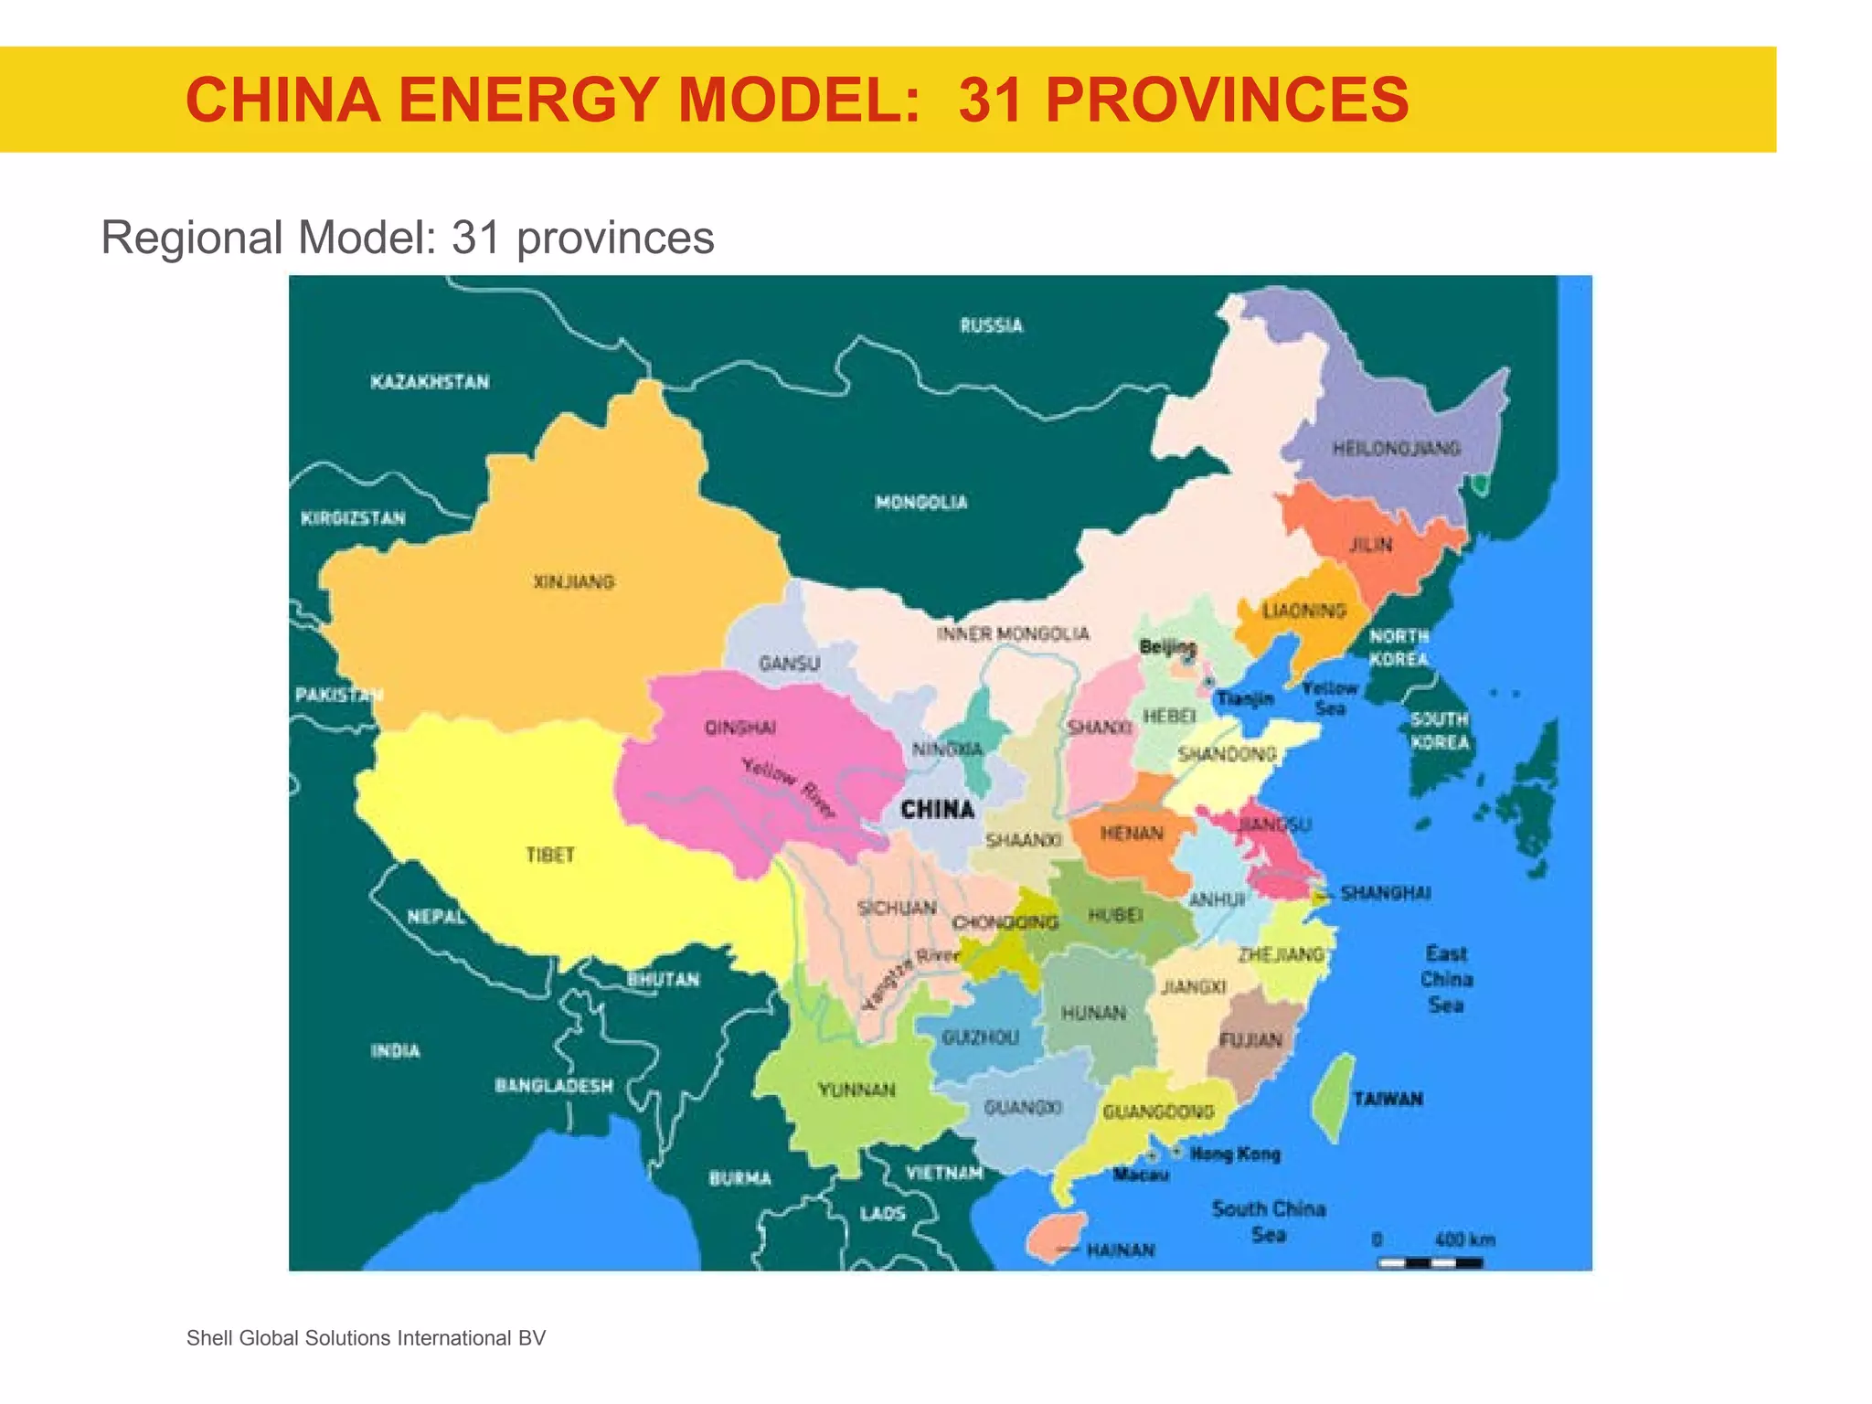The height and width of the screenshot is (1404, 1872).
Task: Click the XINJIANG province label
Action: [574, 581]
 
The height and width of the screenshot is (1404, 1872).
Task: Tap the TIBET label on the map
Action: [550, 855]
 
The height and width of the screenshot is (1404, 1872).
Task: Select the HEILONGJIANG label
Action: [1396, 448]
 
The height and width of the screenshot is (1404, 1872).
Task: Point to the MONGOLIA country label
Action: [920, 502]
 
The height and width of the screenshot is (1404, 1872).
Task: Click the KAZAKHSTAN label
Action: [430, 382]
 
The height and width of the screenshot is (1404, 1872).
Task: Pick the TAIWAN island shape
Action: [1334, 1097]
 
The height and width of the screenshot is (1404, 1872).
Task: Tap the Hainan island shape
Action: [1055, 1236]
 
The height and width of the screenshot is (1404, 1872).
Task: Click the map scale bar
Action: [1431, 1262]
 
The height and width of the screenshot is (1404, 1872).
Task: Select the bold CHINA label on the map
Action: [937, 809]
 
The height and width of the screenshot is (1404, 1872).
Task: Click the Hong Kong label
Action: [1235, 1154]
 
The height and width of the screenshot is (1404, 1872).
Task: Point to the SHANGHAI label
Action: [1385, 892]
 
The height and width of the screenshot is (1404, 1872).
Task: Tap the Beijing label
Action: [1167, 646]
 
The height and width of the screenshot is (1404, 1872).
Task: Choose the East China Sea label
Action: [1446, 979]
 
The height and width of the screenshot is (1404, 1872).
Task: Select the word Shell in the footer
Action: [209, 1338]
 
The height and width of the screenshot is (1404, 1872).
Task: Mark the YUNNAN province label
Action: [856, 1090]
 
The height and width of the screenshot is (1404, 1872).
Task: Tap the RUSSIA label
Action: [991, 325]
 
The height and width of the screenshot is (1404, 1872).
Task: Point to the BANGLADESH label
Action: [554, 1086]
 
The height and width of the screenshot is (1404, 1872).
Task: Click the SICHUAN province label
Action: [897, 908]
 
